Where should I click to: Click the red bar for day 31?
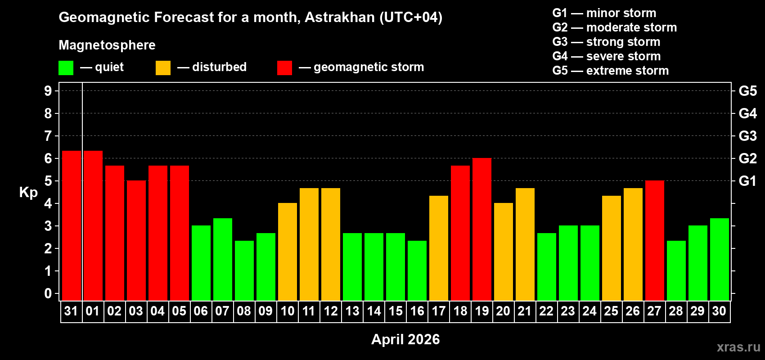click(72, 225)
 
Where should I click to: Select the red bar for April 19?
click(482, 229)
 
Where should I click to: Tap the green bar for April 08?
click(244, 270)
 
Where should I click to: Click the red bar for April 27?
click(655, 240)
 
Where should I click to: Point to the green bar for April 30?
click(720, 259)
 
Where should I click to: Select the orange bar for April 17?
click(439, 248)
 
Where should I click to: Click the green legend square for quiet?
click(66, 68)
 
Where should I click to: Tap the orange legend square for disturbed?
click(163, 68)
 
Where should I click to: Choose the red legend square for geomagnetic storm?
click(284, 68)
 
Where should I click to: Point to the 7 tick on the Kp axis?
click(48, 136)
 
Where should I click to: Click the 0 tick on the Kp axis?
click(48, 294)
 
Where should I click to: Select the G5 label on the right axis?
click(747, 91)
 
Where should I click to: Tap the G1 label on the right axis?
click(747, 181)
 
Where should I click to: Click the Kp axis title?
click(28, 192)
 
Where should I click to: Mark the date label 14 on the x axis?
click(374, 311)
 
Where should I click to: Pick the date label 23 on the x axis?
click(568, 311)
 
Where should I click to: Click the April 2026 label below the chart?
click(405, 339)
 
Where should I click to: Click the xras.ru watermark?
click(738, 346)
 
